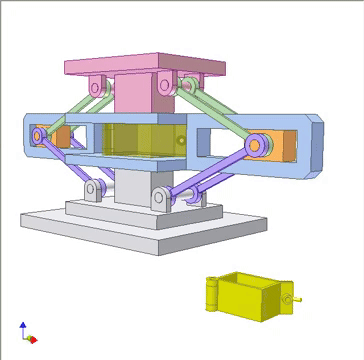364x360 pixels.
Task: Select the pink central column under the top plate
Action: [x=134, y=95]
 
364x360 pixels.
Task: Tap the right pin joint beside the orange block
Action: [x=256, y=146]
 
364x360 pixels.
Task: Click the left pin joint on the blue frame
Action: [x=41, y=134]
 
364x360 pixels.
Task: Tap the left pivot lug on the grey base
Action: [x=94, y=189]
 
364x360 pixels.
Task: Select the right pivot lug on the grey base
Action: [x=161, y=199]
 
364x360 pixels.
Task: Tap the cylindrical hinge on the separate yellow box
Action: [x=211, y=293]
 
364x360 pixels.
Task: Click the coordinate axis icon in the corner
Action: [x=26, y=333]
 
